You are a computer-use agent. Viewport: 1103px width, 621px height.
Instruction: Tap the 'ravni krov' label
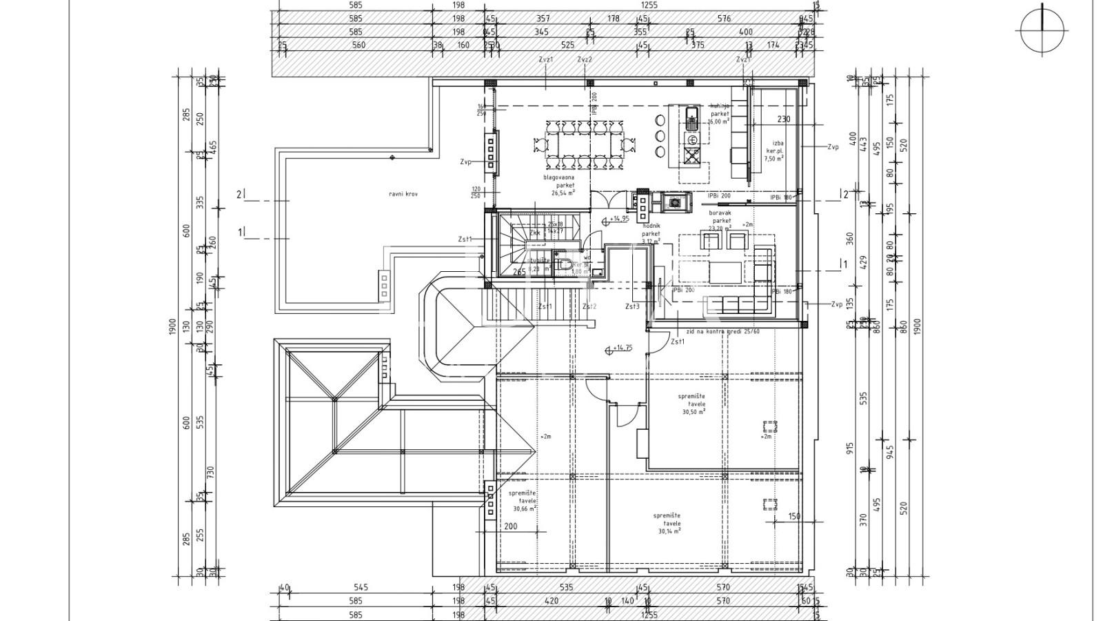[403, 195]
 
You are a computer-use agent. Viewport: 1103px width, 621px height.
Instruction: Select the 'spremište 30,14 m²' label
[667, 523]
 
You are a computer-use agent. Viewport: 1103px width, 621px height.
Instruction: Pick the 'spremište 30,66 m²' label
[524, 501]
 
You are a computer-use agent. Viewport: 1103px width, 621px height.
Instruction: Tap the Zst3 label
[632, 307]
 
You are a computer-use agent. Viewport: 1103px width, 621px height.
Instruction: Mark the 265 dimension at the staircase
[519, 273]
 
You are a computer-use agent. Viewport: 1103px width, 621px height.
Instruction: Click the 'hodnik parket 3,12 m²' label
[651, 233]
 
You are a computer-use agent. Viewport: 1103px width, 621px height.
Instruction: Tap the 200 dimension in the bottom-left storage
[510, 526]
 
